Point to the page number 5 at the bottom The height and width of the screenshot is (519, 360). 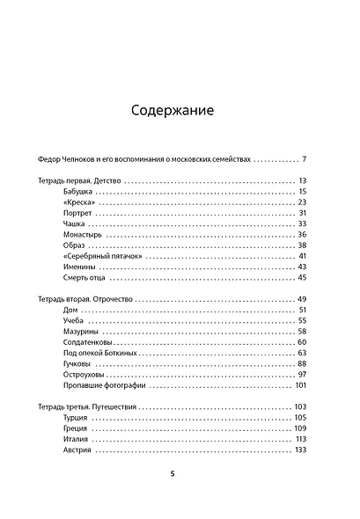pyautogui.click(x=173, y=474)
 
